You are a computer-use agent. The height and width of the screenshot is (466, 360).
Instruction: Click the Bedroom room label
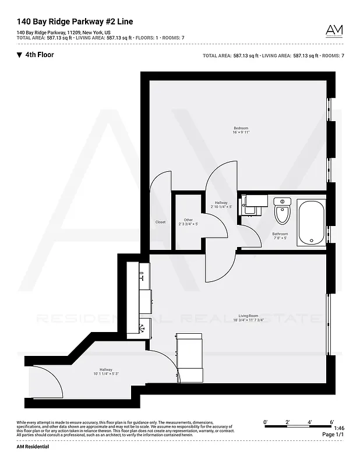(x=241, y=128)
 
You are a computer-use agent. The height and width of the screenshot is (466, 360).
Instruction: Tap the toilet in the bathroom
(x=282, y=211)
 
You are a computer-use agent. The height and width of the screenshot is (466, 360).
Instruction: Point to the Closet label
(x=160, y=222)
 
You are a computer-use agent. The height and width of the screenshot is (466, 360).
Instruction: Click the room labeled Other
(x=188, y=220)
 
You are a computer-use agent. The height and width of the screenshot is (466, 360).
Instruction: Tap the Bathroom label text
(x=280, y=234)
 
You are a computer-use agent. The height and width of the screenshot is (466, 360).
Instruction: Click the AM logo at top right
(x=334, y=30)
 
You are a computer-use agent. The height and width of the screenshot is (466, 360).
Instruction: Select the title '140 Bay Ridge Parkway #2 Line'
(x=75, y=22)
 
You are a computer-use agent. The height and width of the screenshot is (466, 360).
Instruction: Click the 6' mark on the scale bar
(x=331, y=421)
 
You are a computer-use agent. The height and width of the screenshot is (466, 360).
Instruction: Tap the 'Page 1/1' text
(x=332, y=435)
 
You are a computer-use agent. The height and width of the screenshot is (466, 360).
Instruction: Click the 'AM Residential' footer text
(x=33, y=447)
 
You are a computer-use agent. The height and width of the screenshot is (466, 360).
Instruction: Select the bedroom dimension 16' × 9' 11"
(x=241, y=133)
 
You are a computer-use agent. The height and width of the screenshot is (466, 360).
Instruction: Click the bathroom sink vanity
(x=255, y=204)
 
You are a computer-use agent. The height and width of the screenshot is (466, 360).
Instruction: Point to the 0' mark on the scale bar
(x=265, y=421)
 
